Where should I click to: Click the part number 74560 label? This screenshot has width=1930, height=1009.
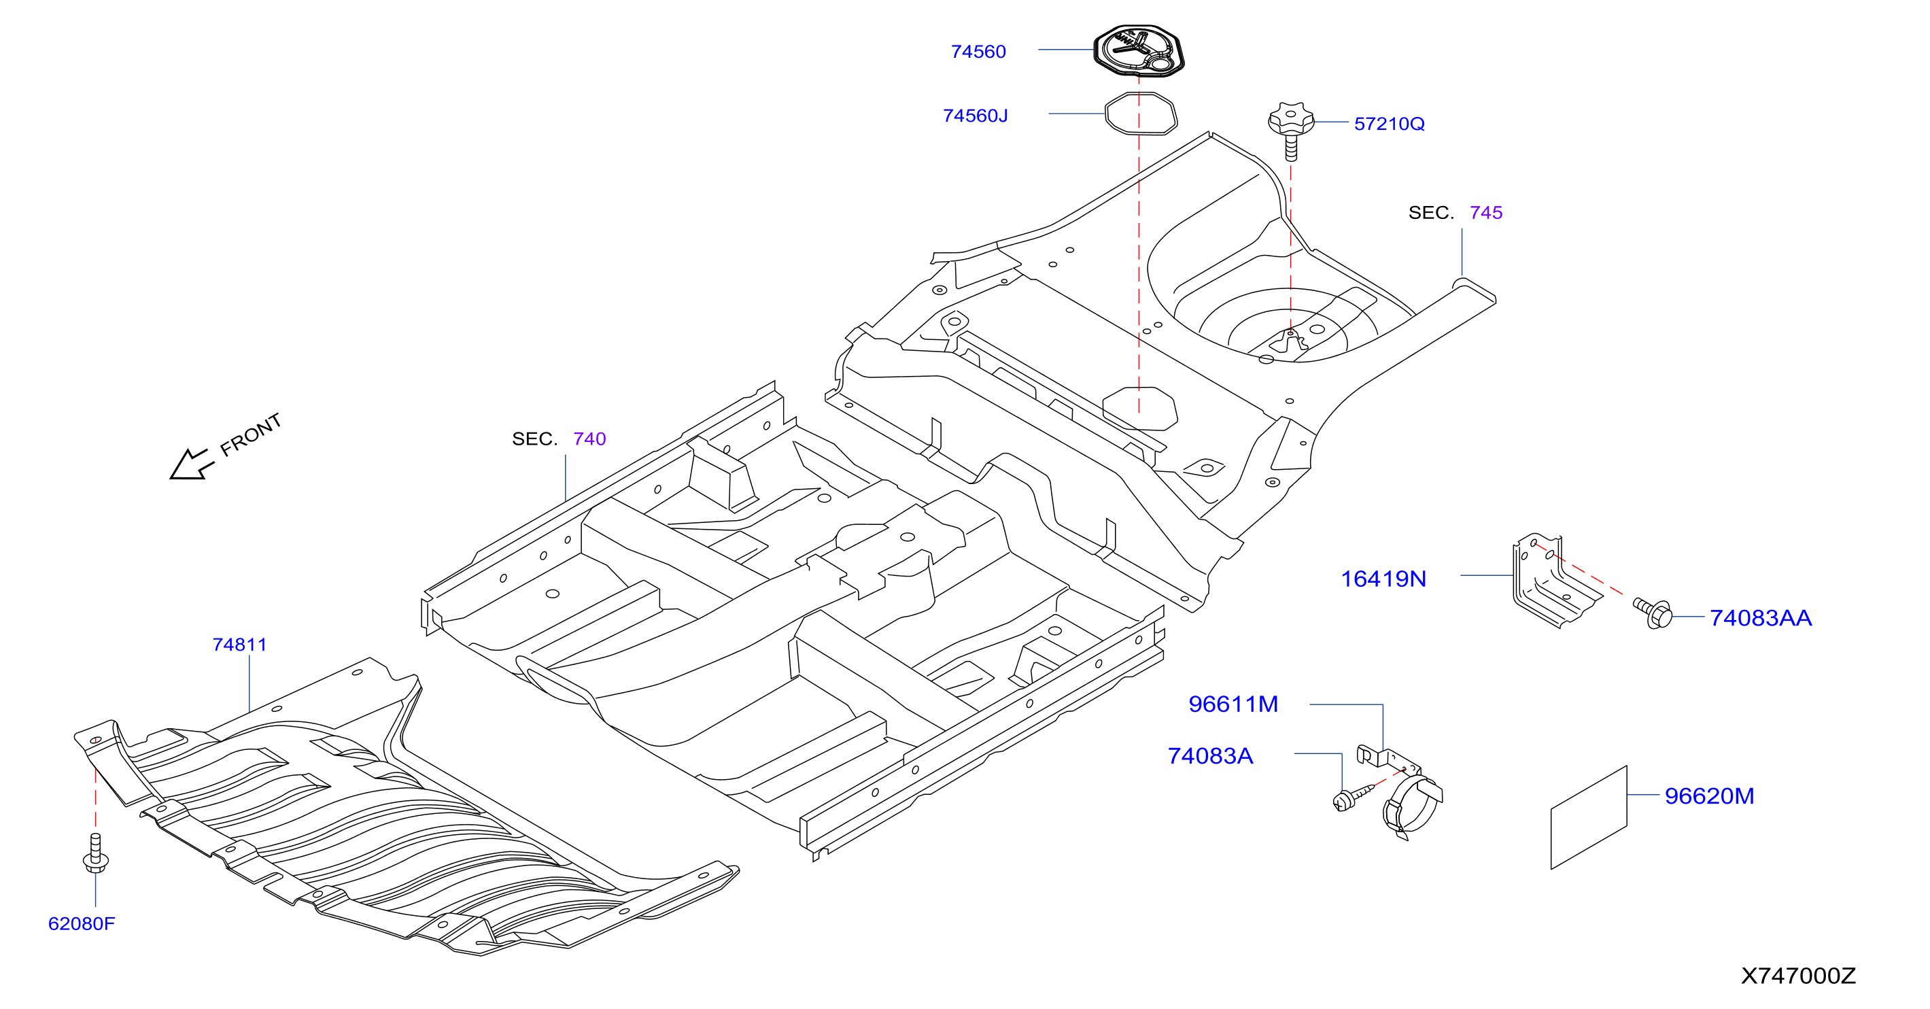[978, 52]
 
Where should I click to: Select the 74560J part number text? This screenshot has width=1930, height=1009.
[975, 116]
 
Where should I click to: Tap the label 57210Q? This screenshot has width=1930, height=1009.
[1389, 124]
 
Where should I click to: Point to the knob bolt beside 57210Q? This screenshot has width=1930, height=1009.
[1291, 131]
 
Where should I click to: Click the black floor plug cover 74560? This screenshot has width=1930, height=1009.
[1139, 51]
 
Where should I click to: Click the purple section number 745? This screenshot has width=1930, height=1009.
[1485, 213]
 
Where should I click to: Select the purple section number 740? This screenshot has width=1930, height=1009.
[589, 439]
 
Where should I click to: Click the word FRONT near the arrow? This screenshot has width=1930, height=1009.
[250, 434]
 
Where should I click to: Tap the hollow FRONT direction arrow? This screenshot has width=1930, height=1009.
[192, 464]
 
